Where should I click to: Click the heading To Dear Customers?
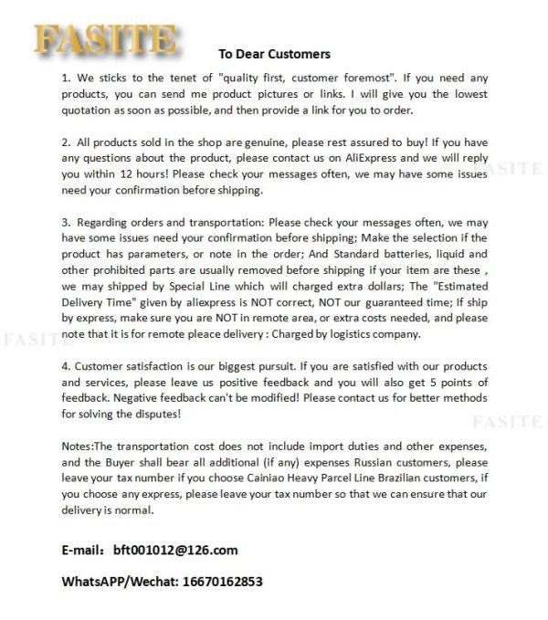(x=274, y=54)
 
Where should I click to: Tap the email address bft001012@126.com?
(x=175, y=550)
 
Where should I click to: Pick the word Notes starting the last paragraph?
(x=78, y=446)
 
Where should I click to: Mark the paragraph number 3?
(x=65, y=221)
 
